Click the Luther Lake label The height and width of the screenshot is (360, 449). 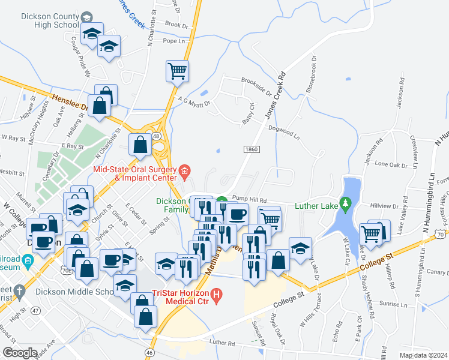click(x=316, y=205)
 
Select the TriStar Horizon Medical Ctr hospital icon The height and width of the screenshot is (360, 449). click(x=218, y=295)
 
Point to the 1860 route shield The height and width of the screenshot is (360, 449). click(x=252, y=148)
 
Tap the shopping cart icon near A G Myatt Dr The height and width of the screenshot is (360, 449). click(x=177, y=71)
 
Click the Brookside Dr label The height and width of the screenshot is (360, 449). click(x=256, y=85)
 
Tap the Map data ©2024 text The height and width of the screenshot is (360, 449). click(x=423, y=355)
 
